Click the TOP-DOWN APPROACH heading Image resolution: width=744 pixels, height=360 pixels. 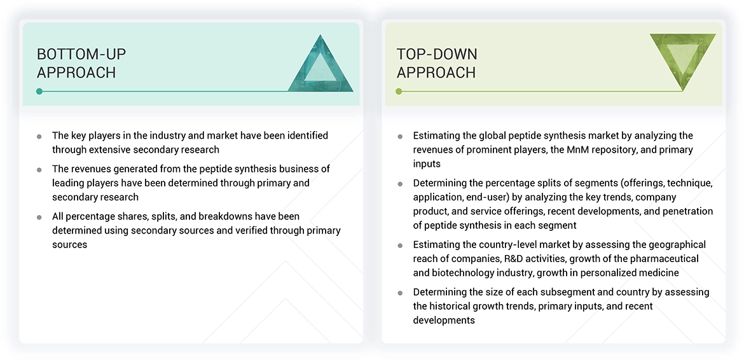pos(436,63)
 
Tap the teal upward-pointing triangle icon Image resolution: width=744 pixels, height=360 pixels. pos(320,66)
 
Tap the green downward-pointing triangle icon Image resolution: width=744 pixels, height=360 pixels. pos(682,59)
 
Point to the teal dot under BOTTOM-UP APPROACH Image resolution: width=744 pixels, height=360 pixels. pos(39,92)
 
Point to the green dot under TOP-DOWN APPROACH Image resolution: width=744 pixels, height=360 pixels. pos(399,92)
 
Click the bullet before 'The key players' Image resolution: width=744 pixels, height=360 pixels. pos(39,136)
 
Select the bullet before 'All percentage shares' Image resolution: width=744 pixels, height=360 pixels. pos(39,217)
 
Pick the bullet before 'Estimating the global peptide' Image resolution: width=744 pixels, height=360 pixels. pos(400,136)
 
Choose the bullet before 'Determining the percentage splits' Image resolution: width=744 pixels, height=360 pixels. pos(400,184)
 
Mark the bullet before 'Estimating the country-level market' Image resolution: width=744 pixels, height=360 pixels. pos(400,245)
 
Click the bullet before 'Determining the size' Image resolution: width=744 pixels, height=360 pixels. pos(400,293)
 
